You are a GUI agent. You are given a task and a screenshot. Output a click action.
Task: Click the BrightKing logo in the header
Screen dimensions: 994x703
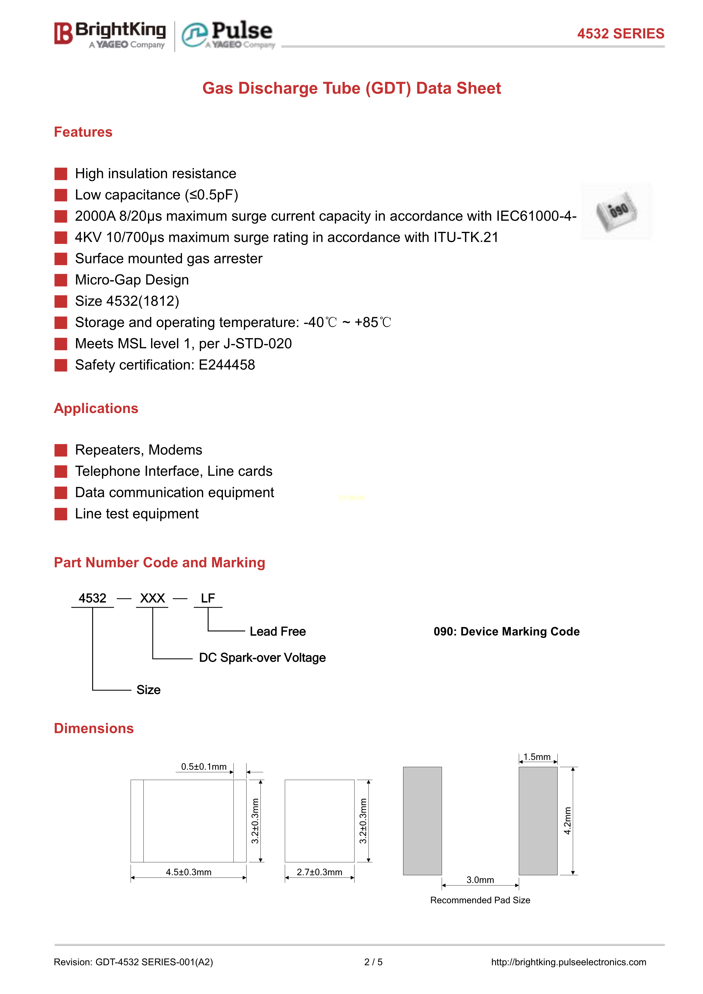(x=110, y=35)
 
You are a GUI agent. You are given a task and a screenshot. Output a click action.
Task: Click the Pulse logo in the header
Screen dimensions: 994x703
(x=228, y=35)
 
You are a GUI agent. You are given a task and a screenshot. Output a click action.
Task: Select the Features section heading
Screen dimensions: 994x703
(x=83, y=132)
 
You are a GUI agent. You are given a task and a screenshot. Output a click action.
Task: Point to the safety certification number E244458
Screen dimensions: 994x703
(x=227, y=365)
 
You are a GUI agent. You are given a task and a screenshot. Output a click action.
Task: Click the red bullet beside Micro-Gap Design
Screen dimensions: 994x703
(x=61, y=280)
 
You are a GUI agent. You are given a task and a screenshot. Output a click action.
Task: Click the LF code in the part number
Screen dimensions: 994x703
(x=208, y=598)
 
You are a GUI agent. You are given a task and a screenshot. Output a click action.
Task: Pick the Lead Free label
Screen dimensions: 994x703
(x=278, y=632)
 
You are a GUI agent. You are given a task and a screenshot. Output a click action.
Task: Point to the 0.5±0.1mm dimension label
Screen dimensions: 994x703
(x=204, y=767)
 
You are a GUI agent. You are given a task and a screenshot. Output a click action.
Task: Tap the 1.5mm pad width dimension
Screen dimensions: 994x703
(x=537, y=757)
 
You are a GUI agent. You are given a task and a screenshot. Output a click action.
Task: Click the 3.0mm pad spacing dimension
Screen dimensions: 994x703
(x=480, y=880)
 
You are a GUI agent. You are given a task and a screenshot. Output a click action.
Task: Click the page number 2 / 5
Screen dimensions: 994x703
(x=373, y=962)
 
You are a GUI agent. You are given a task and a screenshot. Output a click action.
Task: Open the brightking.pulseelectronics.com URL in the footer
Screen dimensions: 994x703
(x=568, y=962)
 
